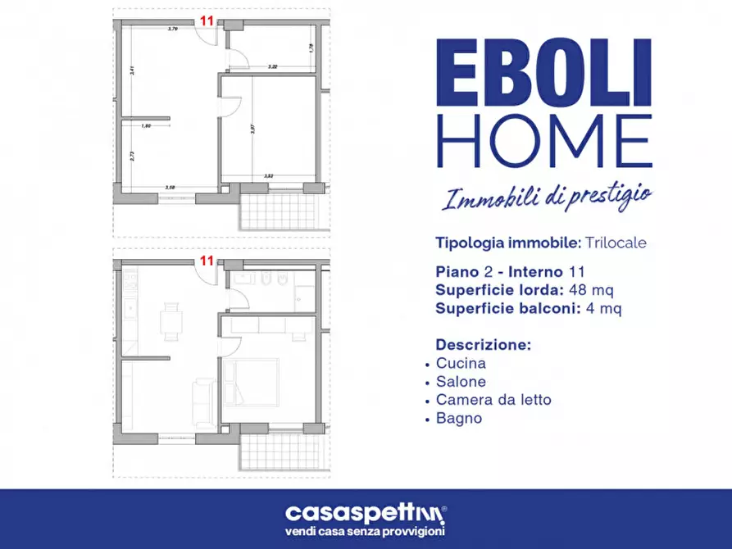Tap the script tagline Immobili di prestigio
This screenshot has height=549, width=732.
(x=548, y=197)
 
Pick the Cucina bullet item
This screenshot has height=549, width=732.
(x=461, y=363)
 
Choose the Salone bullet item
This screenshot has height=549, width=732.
(x=461, y=382)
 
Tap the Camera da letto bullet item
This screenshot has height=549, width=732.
(x=493, y=400)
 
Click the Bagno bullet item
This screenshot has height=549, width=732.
(x=459, y=419)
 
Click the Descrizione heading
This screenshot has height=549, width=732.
(x=483, y=344)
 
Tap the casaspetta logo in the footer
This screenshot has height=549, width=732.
(x=366, y=514)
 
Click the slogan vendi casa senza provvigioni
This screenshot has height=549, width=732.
(x=366, y=533)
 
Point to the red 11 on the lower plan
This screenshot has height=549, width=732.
(x=207, y=261)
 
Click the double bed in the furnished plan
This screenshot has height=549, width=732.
(x=257, y=380)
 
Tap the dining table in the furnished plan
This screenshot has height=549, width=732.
(x=171, y=320)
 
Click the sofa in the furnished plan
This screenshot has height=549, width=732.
(x=202, y=403)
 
